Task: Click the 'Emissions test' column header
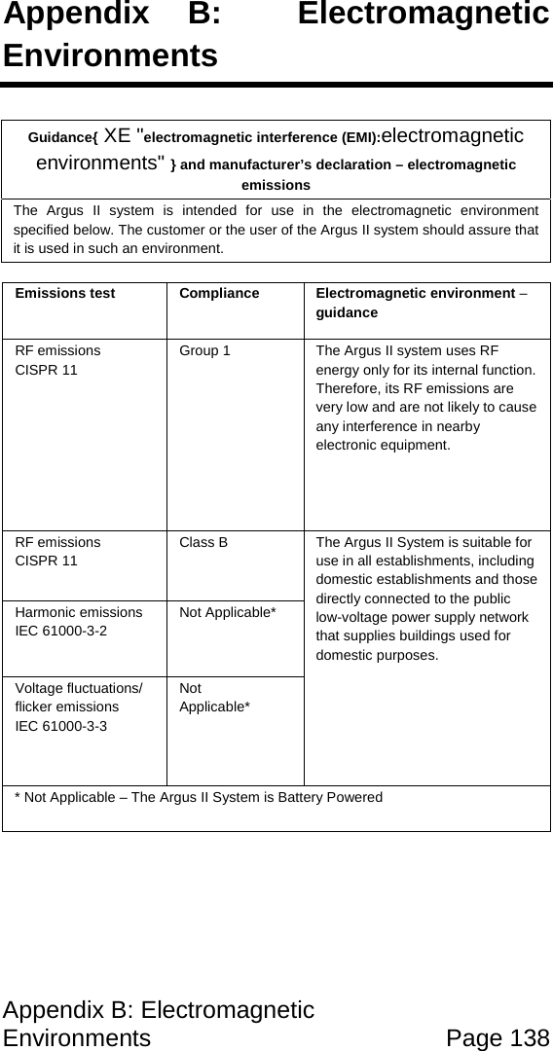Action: click(x=65, y=293)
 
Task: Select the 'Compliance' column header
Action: click(x=219, y=293)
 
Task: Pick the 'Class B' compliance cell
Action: click(x=203, y=542)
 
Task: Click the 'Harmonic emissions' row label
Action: click(x=79, y=612)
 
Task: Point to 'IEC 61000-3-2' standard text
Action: click(x=61, y=630)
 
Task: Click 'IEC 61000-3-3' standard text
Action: click(x=61, y=725)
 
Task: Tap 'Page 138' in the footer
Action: click(x=498, y=1037)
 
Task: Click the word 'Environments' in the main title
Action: click(x=110, y=54)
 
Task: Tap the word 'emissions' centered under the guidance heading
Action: click(x=276, y=185)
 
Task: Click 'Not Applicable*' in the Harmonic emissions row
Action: click(x=227, y=612)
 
